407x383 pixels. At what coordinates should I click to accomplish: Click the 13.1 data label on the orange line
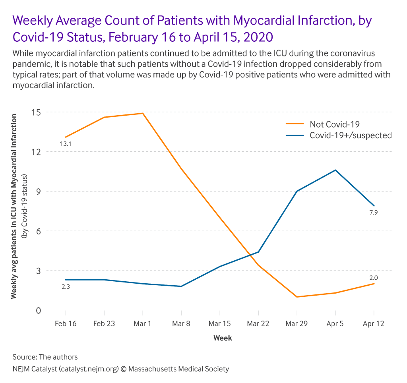(x=66, y=143)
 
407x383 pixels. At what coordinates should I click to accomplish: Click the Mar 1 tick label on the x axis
(x=142, y=324)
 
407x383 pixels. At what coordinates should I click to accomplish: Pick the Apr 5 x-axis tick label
(x=335, y=324)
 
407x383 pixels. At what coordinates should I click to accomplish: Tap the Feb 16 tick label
(x=66, y=324)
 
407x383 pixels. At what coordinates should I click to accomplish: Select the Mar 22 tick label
(x=258, y=324)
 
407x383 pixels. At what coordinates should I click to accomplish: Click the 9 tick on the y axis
(x=39, y=191)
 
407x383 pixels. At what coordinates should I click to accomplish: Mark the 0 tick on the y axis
(x=39, y=310)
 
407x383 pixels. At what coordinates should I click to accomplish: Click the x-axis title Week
(x=223, y=338)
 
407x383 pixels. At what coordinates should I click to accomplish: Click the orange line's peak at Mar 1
(x=142, y=113)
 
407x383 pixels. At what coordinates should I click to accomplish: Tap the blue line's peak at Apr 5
(x=335, y=170)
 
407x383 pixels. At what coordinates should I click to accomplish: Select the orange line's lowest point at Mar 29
(x=297, y=297)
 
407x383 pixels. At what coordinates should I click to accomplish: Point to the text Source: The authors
(x=45, y=357)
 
